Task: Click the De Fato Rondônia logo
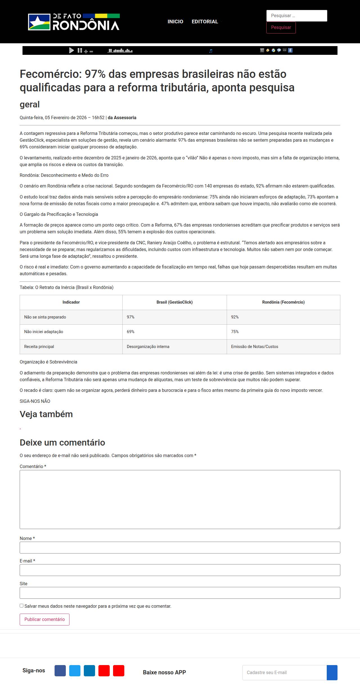click(74, 22)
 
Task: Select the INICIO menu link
click(175, 22)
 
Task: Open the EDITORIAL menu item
click(205, 22)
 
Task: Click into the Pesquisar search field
click(296, 16)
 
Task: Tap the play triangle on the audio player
click(71, 50)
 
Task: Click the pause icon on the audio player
click(80, 50)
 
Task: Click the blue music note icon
click(211, 51)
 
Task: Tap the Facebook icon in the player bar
click(290, 50)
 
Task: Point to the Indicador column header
click(71, 302)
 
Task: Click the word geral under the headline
click(30, 104)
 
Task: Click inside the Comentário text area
click(180, 499)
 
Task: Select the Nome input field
click(180, 548)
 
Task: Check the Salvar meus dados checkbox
click(22, 606)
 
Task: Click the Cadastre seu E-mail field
click(284, 672)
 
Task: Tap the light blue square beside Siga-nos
click(75, 671)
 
